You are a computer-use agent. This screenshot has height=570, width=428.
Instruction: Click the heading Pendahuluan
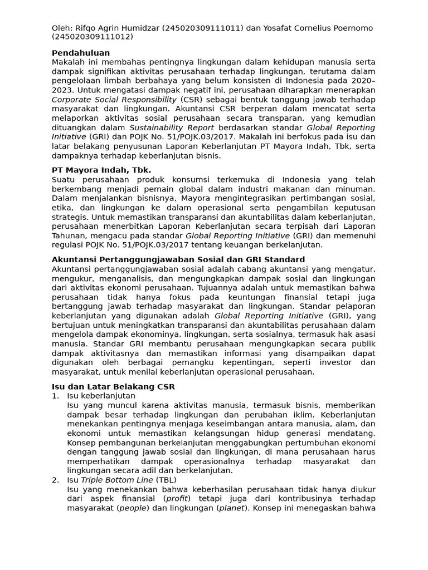pos(80,53)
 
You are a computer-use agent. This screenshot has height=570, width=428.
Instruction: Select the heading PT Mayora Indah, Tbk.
pos(101,170)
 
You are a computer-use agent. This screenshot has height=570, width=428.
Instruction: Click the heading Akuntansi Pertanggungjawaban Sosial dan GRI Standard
pos(178,259)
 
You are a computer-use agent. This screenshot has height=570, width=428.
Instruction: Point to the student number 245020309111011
pos(203,28)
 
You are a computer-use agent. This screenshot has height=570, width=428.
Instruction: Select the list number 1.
pos(55,396)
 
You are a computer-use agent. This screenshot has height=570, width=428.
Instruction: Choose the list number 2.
pos(55,479)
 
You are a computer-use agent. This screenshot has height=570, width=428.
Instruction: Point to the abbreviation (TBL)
pos(166,479)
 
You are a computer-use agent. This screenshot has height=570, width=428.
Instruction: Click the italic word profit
pos(175,498)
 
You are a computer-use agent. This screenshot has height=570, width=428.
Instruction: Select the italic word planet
pos(231,508)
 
